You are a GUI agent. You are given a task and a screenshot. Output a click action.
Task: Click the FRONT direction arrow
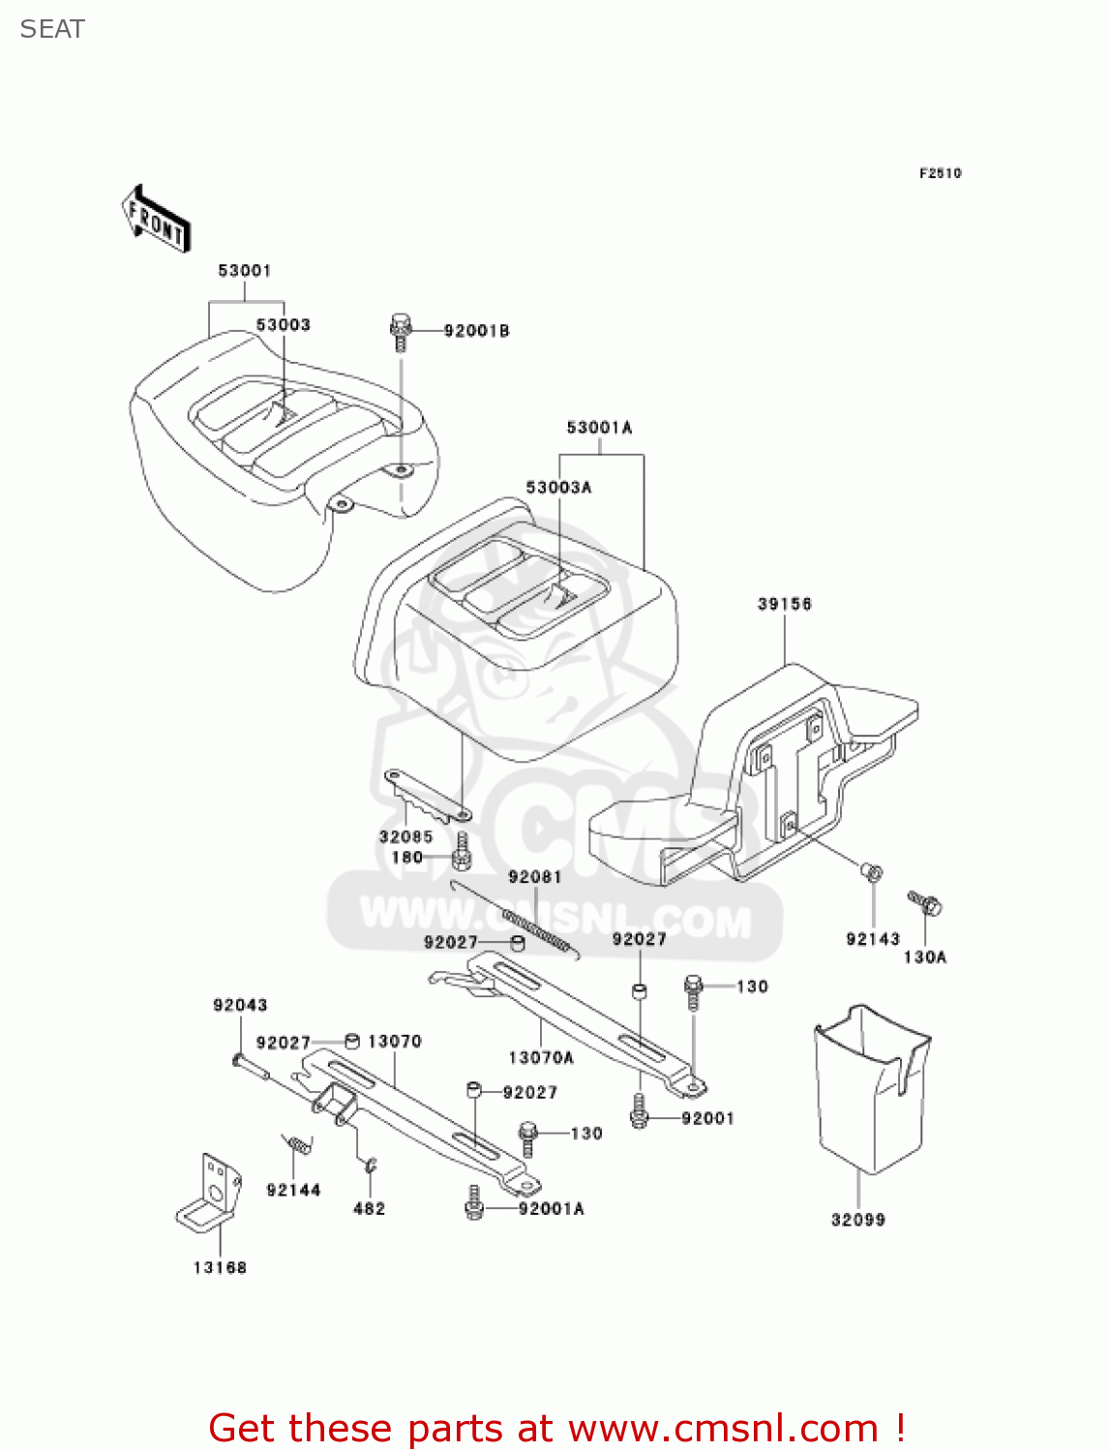point(155,220)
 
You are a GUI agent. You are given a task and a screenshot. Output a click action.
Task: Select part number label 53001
point(244,271)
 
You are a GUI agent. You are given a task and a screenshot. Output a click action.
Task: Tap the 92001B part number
point(476,331)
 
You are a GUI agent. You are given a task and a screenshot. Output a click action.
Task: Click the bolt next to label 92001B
point(401,331)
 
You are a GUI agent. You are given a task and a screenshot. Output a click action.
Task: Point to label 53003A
point(558,488)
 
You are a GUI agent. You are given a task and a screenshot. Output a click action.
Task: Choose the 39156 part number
point(784,605)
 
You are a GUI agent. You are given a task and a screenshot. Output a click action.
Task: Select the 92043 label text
point(240,1006)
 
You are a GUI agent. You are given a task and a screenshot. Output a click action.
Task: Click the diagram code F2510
point(940,173)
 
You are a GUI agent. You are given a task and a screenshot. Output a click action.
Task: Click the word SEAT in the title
point(52,30)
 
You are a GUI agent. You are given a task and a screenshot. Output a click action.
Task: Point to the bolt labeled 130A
point(925,903)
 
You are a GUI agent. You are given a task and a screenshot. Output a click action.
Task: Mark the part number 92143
point(872,939)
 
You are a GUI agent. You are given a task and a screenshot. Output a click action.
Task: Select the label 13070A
point(541,1058)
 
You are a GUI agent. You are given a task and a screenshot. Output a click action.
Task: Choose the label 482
point(369,1209)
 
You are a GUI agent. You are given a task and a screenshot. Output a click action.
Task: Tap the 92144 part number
point(293,1191)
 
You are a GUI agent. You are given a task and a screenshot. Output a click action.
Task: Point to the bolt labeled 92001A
point(474,1205)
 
